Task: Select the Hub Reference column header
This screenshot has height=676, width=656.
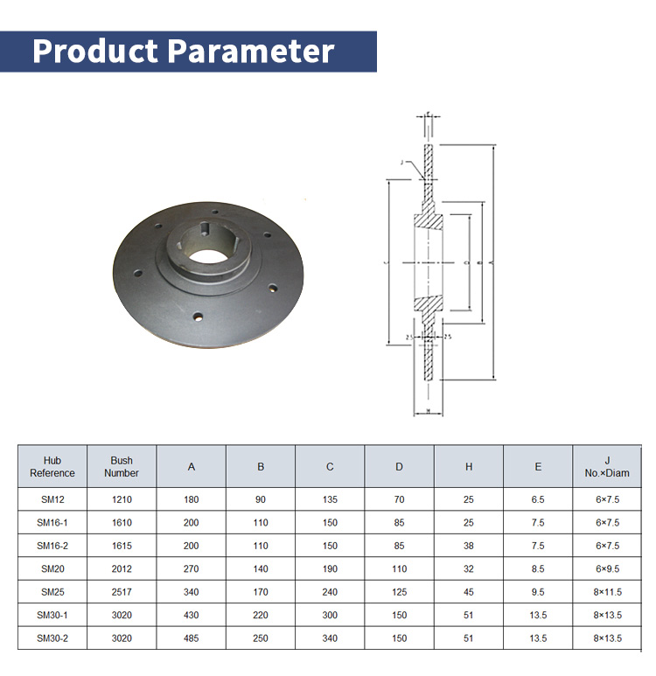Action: click(x=52, y=467)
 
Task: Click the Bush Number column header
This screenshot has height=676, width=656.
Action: click(x=122, y=467)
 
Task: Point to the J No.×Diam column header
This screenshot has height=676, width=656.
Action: click(x=607, y=467)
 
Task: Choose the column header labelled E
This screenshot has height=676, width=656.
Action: click(x=538, y=467)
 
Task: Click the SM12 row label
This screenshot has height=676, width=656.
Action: click(x=52, y=499)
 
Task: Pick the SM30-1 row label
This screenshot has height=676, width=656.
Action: click(x=52, y=616)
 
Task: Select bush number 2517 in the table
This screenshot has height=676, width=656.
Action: click(x=122, y=592)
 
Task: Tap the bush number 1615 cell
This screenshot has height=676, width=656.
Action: click(x=122, y=546)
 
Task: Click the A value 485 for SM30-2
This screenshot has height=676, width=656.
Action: click(x=192, y=638)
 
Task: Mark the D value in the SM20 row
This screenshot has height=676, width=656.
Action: click(x=399, y=569)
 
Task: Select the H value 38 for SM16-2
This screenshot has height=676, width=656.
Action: click(x=469, y=546)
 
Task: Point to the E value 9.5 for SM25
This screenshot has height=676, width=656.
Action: click(x=538, y=592)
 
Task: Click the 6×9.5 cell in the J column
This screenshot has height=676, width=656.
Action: click(x=607, y=569)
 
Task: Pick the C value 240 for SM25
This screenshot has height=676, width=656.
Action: click(x=330, y=592)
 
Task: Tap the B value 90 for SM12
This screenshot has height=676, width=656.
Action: click(x=261, y=499)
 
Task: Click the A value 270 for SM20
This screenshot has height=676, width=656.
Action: click(x=192, y=569)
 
